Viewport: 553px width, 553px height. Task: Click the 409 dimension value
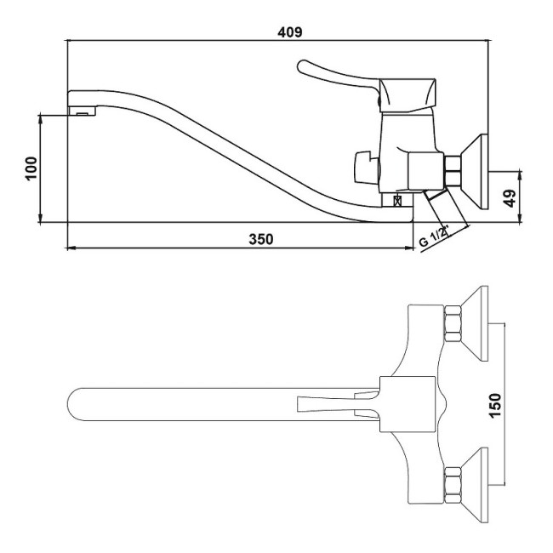(x=290, y=32)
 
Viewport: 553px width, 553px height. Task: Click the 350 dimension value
(x=260, y=239)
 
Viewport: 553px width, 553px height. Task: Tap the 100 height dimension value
(x=31, y=168)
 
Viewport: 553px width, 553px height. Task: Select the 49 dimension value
(x=510, y=198)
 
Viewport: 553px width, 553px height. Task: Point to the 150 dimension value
(x=495, y=405)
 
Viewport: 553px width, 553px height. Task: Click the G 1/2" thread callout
(x=433, y=236)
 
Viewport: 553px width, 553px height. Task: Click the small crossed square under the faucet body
(x=398, y=201)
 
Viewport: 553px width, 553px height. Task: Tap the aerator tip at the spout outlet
(x=82, y=111)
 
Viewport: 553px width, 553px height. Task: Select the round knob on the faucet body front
(x=367, y=168)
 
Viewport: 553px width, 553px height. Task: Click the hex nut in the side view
(x=453, y=171)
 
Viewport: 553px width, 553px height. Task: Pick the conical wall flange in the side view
(x=475, y=172)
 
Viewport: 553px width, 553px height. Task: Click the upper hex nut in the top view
(x=453, y=324)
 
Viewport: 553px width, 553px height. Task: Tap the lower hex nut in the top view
(x=453, y=485)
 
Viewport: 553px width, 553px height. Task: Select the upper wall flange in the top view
(x=475, y=323)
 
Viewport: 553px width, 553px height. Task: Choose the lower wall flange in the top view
(x=475, y=485)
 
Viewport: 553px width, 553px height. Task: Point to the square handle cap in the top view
(x=408, y=404)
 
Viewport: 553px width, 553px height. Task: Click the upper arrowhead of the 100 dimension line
(x=41, y=118)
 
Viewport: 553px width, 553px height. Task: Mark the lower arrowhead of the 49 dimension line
(x=520, y=219)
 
